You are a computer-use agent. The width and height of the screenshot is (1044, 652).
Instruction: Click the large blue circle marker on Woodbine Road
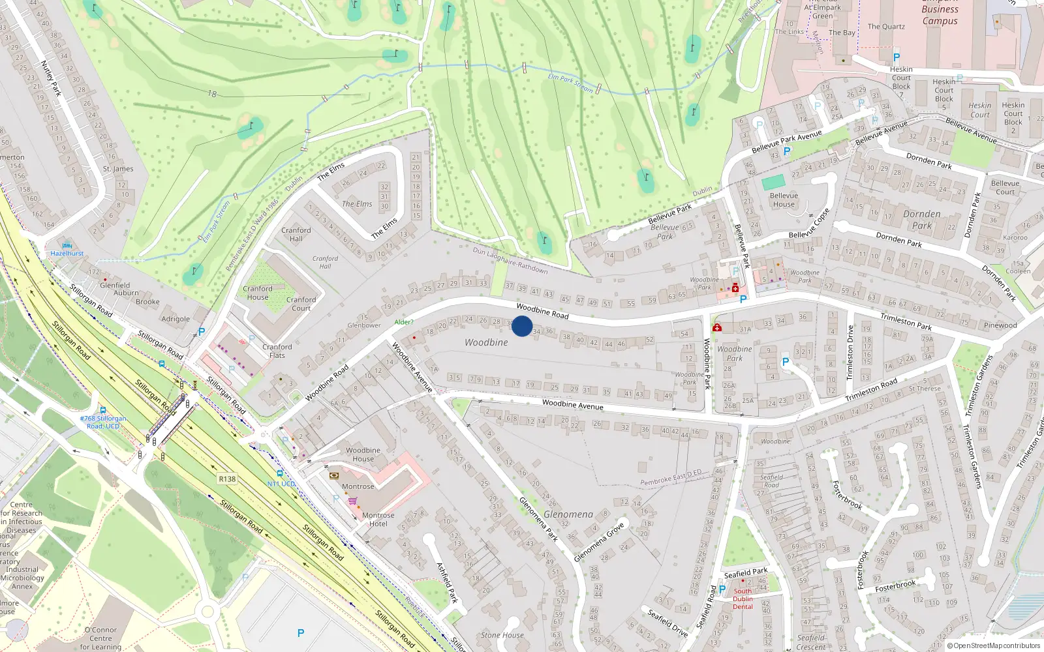(521, 326)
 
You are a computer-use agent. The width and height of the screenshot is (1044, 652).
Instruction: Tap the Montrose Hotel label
(378, 519)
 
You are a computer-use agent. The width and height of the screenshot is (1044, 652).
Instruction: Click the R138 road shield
(227, 479)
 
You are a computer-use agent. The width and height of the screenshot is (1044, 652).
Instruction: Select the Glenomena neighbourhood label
(568, 514)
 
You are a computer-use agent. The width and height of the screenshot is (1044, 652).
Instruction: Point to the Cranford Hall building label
(296, 234)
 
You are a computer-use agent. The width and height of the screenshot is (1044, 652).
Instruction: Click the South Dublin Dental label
(743, 599)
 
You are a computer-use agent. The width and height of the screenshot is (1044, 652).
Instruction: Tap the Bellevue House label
(784, 200)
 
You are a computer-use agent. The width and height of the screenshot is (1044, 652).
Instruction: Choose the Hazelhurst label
(67, 253)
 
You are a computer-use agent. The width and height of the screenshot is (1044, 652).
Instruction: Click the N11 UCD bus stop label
(281, 484)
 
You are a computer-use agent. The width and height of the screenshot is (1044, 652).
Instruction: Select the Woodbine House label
(363, 454)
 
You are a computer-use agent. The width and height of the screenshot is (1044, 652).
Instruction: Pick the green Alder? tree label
(403, 322)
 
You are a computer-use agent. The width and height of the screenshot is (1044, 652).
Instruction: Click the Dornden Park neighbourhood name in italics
(921, 220)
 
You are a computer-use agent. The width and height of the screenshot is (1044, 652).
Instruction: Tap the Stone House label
(502, 635)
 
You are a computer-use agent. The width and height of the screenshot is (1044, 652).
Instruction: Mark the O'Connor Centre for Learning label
(100, 638)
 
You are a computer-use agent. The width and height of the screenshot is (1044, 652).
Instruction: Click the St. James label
(118, 169)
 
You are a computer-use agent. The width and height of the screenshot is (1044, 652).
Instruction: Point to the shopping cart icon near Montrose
(352, 501)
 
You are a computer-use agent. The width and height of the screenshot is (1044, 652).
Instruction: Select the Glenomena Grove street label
(598, 542)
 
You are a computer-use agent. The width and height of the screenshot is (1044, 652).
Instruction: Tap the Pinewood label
(1000, 325)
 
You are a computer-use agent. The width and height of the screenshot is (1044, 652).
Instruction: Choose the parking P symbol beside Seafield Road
(722, 589)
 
